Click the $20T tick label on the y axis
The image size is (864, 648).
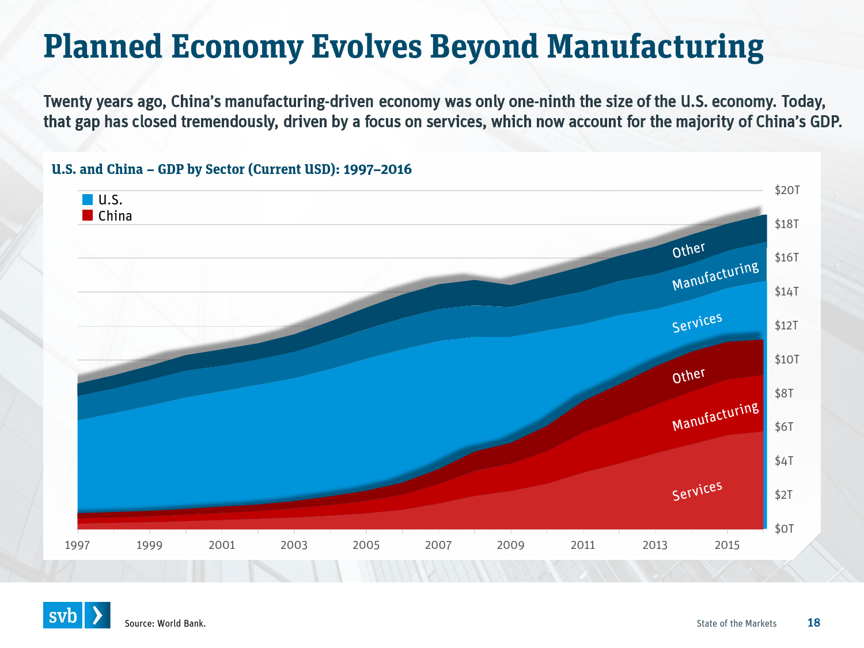click(x=787, y=190)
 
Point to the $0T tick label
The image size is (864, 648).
click(x=784, y=529)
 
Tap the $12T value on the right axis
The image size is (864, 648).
click(x=786, y=325)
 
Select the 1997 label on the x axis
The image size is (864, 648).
click(x=77, y=545)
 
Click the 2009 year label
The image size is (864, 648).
click(x=510, y=545)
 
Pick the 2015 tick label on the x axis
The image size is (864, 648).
click(x=727, y=545)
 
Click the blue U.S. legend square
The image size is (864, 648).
click(x=88, y=200)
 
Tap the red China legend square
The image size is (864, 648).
click(x=88, y=215)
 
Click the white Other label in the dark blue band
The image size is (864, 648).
click(x=688, y=251)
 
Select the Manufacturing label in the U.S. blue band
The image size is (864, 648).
click(x=715, y=276)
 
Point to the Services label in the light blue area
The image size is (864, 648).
click(x=697, y=323)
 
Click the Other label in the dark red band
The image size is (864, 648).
click(x=688, y=376)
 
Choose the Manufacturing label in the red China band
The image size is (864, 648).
click(x=715, y=416)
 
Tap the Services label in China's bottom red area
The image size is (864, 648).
click(x=697, y=491)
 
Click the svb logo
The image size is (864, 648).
click(x=77, y=615)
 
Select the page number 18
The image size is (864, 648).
click(x=813, y=623)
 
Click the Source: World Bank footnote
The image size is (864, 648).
click(x=165, y=623)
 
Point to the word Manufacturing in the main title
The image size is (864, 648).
click(x=655, y=47)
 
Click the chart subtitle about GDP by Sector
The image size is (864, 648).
click(x=232, y=169)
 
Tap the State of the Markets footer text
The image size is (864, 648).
click(x=736, y=623)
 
